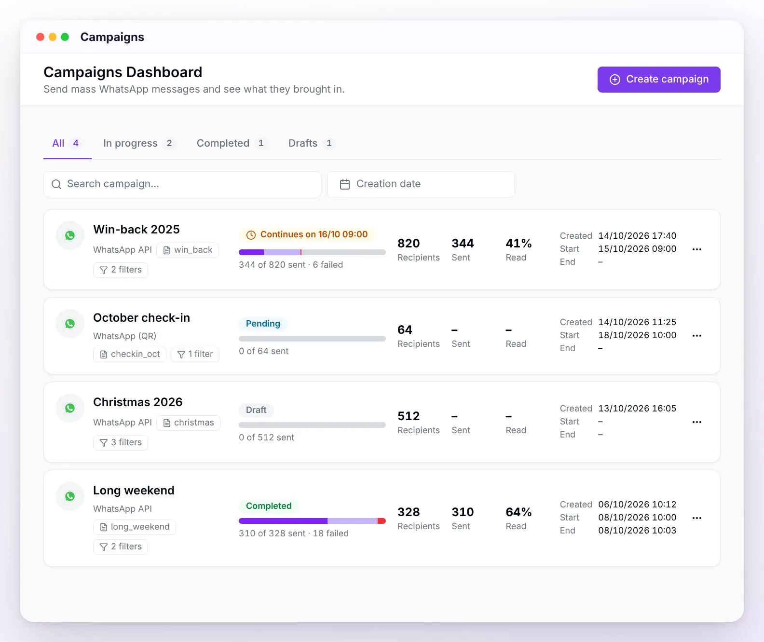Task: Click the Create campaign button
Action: (x=659, y=80)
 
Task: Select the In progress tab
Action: (x=138, y=143)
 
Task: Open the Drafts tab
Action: (x=311, y=143)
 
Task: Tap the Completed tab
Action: (x=231, y=143)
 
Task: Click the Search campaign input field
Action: (x=182, y=184)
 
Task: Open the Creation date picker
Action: (x=421, y=184)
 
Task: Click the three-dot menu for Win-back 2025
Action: (x=696, y=250)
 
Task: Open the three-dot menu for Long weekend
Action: (x=696, y=518)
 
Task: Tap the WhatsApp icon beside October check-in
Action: (x=70, y=324)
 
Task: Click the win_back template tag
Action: (x=188, y=250)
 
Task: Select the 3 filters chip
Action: (x=121, y=442)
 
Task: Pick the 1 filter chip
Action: (x=195, y=355)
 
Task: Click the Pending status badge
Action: (x=263, y=324)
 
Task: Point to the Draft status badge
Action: (x=256, y=410)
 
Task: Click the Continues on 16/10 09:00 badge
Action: (x=307, y=234)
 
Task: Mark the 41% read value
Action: (x=518, y=244)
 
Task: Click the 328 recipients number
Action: (x=409, y=512)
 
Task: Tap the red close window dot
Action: (x=40, y=37)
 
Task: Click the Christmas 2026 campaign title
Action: (x=137, y=402)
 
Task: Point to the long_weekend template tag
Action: (x=135, y=527)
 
